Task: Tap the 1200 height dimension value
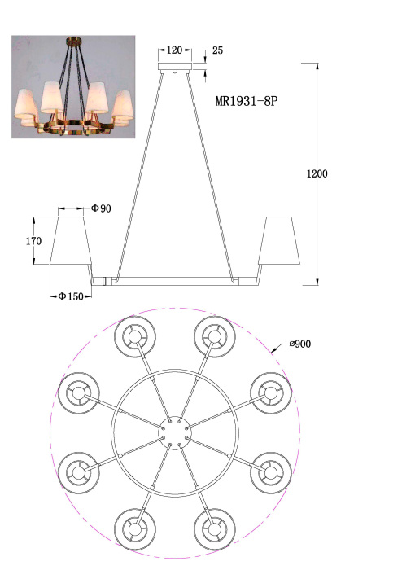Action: click(x=317, y=173)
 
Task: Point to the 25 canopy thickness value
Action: click(x=217, y=50)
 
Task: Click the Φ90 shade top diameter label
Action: click(x=101, y=209)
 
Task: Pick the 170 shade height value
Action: click(x=33, y=241)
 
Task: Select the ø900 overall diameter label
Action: click(x=298, y=344)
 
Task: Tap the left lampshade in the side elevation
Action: click(x=71, y=241)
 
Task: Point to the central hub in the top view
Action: click(x=174, y=431)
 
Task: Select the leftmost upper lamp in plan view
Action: click(x=80, y=393)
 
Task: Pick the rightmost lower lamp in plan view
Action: click(x=269, y=470)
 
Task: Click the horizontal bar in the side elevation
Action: click(x=174, y=281)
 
